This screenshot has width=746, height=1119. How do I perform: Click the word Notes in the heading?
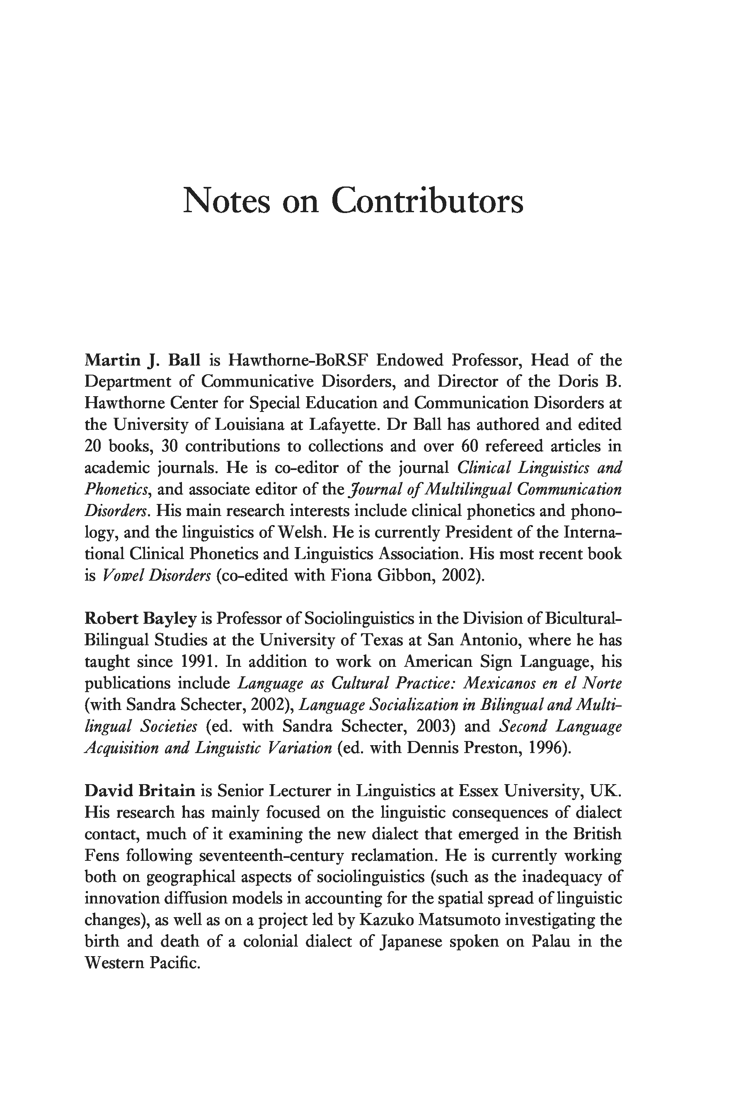[226, 201]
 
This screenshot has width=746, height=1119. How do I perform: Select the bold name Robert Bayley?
[140, 618]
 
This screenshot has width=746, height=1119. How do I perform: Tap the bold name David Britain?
[140, 791]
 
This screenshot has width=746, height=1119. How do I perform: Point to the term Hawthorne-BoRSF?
[298, 360]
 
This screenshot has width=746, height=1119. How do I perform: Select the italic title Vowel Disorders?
[156, 576]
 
